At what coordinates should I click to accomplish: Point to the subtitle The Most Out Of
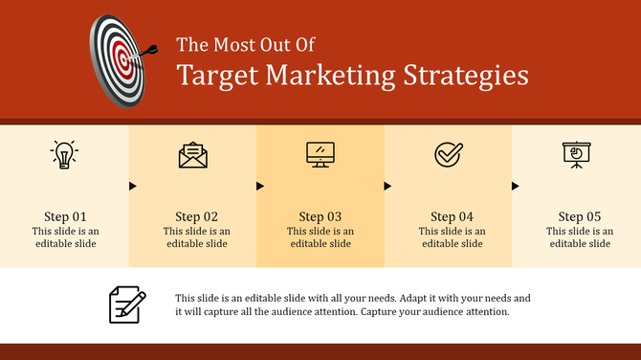[246, 44]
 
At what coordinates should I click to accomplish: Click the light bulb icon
[64, 154]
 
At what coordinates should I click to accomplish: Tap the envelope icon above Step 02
[192, 155]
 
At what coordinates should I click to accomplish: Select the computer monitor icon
[320, 154]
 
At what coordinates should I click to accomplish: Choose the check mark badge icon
[448, 154]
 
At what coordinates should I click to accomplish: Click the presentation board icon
[576, 154]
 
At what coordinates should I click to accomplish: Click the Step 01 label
[65, 216]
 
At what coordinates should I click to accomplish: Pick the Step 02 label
[196, 216]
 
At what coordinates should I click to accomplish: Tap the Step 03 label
[320, 216]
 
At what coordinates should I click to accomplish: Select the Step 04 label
[452, 216]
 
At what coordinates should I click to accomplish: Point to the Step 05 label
[580, 216]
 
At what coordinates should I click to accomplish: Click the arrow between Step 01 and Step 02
[133, 186]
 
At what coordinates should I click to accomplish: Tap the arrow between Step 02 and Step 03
[260, 186]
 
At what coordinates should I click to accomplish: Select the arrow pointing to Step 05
[516, 186]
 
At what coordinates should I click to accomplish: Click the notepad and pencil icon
[127, 304]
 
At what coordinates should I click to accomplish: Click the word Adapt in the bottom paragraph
[427, 298]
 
